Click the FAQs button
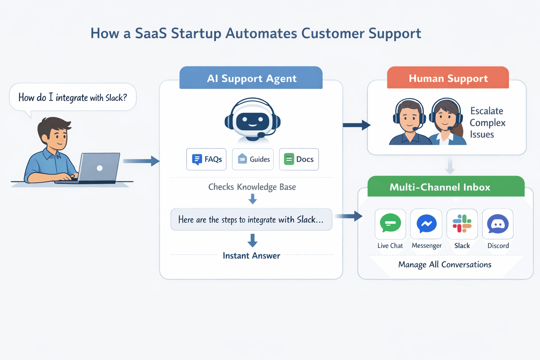click(206, 159)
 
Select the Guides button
click(253, 159)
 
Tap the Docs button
click(299, 159)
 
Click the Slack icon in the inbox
click(462, 224)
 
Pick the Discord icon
click(498, 224)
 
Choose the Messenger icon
click(426, 224)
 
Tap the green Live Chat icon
click(390, 224)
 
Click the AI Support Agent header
click(251, 78)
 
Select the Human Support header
click(448, 78)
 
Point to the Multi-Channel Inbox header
click(439, 187)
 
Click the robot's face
click(252, 121)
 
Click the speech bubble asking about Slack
click(73, 97)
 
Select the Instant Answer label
click(251, 256)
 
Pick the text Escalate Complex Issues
click(487, 123)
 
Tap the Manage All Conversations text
click(445, 264)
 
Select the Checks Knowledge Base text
click(252, 187)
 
